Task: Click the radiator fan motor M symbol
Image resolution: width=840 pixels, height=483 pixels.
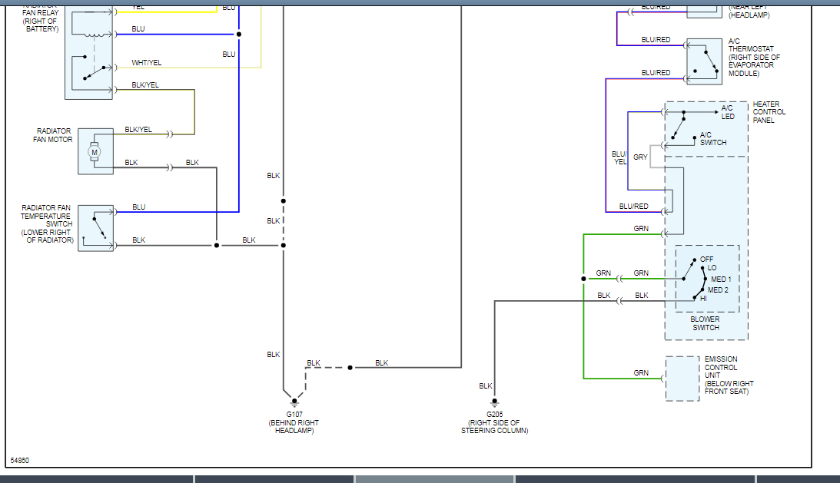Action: tap(95, 152)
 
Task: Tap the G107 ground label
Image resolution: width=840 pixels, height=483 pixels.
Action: tap(294, 415)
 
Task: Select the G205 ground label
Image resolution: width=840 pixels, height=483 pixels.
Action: tap(494, 415)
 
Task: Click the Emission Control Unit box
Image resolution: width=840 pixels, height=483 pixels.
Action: tap(682, 378)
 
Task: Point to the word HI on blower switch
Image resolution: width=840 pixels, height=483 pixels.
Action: tap(703, 298)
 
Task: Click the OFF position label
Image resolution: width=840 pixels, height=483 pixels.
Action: tap(707, 259)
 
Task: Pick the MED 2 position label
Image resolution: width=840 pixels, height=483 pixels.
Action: tap(718, 289)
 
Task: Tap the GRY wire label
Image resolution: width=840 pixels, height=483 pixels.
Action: tap(640, 157)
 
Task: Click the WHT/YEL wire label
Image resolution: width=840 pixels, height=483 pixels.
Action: tap(147, 63)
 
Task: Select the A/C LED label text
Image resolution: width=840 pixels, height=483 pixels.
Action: tap(728, 112)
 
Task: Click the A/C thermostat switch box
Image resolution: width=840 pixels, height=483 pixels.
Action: tap(704, 61)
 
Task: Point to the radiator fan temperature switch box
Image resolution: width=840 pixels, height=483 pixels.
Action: tap(95, 228)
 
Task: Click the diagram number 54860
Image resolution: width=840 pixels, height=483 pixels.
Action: tap(20, 461)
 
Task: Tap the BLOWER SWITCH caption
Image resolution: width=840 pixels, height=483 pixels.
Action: tap(706, 323)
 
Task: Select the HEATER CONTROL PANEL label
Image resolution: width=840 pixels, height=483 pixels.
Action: tap(769, 112)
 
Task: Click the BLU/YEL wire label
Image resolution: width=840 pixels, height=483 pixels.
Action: tap(619, 157)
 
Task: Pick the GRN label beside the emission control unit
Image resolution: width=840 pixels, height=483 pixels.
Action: tap(641, 373)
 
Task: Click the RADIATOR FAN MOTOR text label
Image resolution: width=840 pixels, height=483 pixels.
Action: tap(55, 135)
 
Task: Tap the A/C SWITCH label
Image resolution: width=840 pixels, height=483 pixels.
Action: tap(713, 138)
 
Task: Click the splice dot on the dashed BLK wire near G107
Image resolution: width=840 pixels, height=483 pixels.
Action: tap(350, 368)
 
